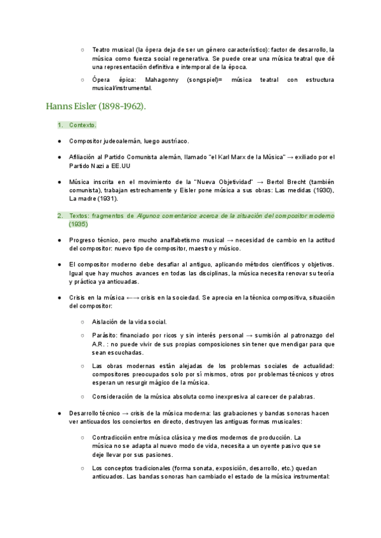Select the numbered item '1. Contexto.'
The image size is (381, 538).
[83, 126]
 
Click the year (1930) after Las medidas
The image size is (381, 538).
[319, 190]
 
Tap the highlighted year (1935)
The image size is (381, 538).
[79, 224]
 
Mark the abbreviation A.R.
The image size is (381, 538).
[100, 343]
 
